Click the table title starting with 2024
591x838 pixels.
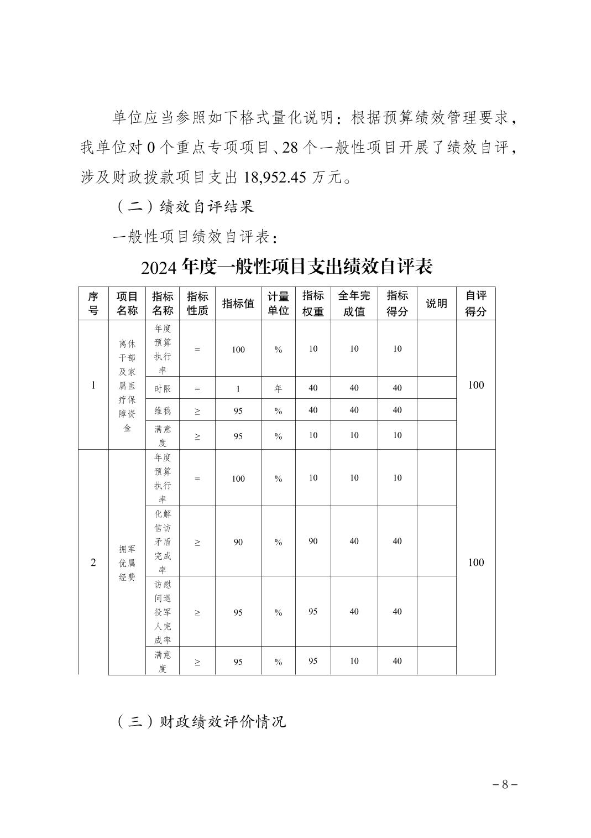point(286,267)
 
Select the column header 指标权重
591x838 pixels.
point(313,303)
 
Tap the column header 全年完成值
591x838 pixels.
point(354,303)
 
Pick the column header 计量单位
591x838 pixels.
point(278,303)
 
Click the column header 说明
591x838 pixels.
point(436,303)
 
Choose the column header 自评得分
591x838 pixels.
point(475,303)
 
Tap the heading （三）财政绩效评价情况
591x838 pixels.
point(201,721)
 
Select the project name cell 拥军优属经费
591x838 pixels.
point(127,563)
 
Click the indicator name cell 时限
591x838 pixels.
point(163,388)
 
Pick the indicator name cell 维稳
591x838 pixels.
point(163,410)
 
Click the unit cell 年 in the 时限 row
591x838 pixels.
point(278,388)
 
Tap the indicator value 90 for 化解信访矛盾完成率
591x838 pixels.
point(238,542)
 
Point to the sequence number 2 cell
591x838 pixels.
point(93,563)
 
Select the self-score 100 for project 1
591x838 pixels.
point(475,385)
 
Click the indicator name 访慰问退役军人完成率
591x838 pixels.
point(163,612)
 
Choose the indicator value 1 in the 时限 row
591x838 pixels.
point(238,388)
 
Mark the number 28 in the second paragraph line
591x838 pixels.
point(291,148)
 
